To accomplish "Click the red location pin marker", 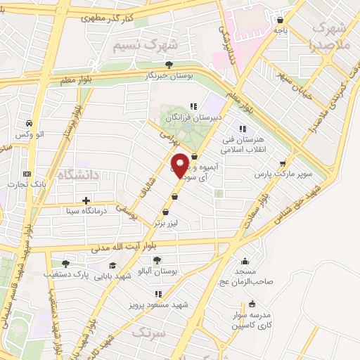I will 180,166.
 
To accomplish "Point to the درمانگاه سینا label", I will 85,210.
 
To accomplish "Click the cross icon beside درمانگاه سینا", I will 86,200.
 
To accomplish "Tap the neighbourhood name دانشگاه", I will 80,173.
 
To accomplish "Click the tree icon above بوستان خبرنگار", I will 167,65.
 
